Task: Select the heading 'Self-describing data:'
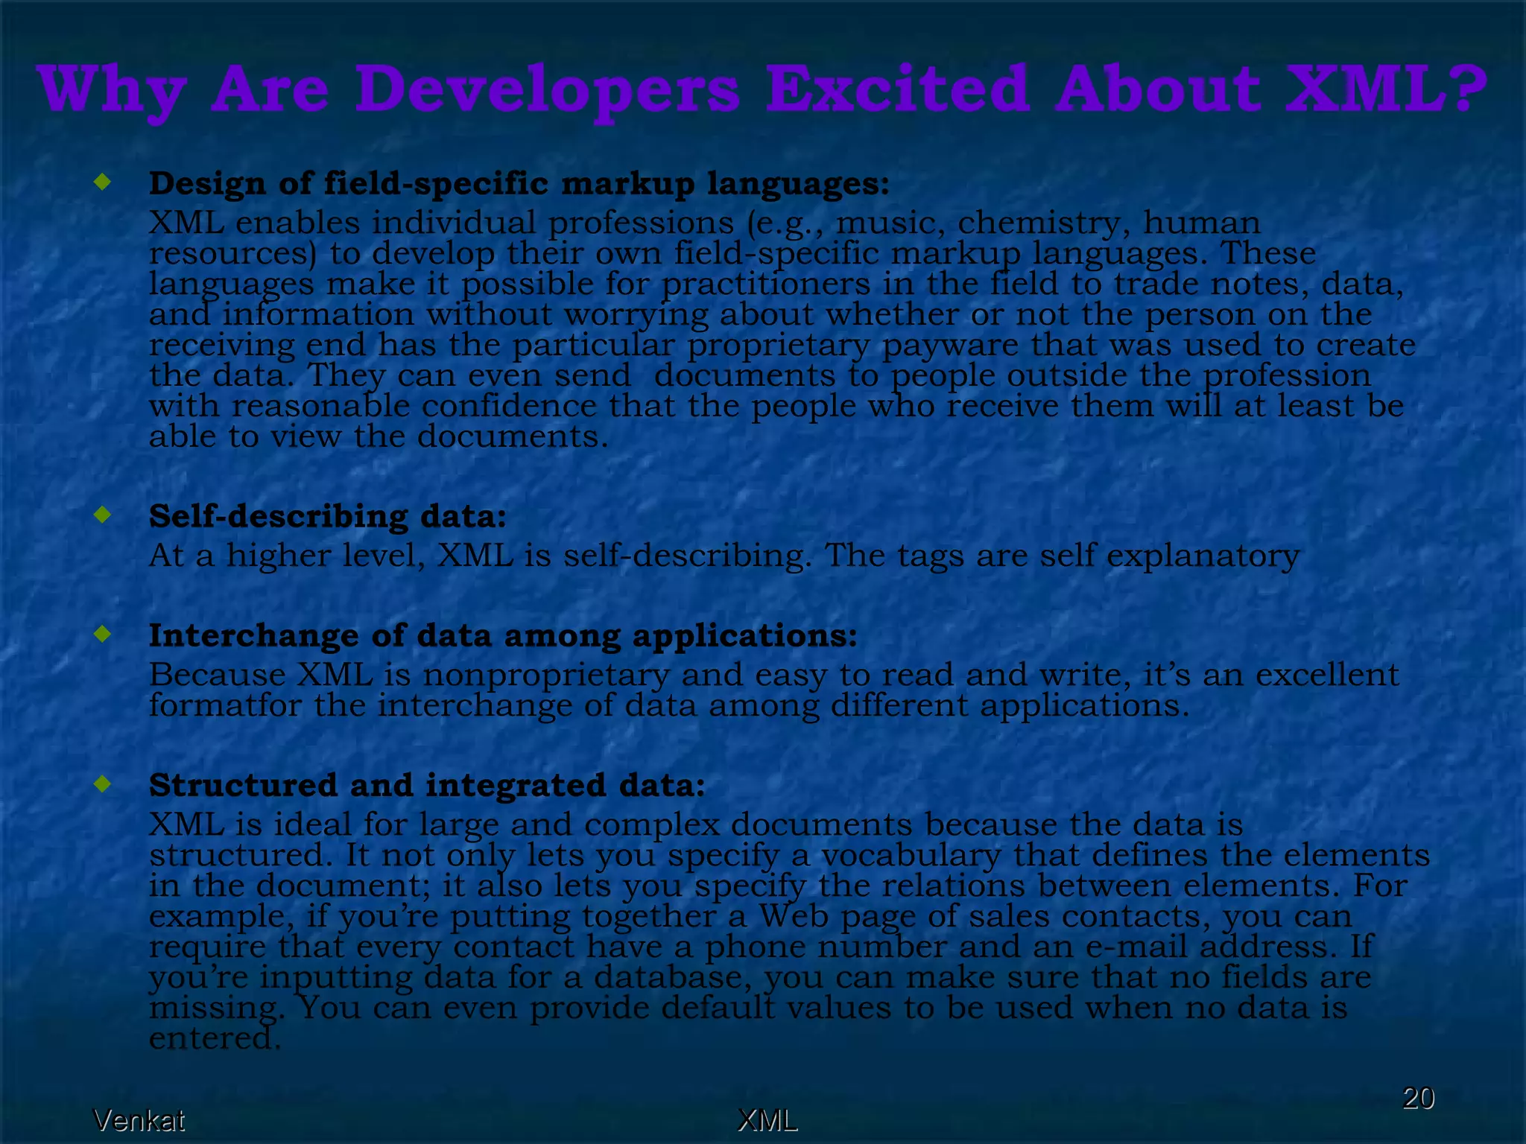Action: tap(328, 516)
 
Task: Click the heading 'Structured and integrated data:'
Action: tap(427, 785)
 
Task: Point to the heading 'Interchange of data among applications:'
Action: tap(503, 635)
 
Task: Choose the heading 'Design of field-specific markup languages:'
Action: tap(519, 183)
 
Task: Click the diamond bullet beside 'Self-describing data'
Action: tap(103, 514)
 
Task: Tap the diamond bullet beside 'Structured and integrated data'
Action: tap(103, 783)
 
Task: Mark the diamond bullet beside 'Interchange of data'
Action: tap(103, 634)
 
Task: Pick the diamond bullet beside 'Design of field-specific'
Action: tap(103, 181)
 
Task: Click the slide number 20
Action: tap(1418, 1098)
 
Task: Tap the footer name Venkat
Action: tap(139, 1120)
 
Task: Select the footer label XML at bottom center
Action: tap(767, 1120)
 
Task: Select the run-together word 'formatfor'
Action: tap(226, 705)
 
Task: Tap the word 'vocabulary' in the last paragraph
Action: tap(911, 855)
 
